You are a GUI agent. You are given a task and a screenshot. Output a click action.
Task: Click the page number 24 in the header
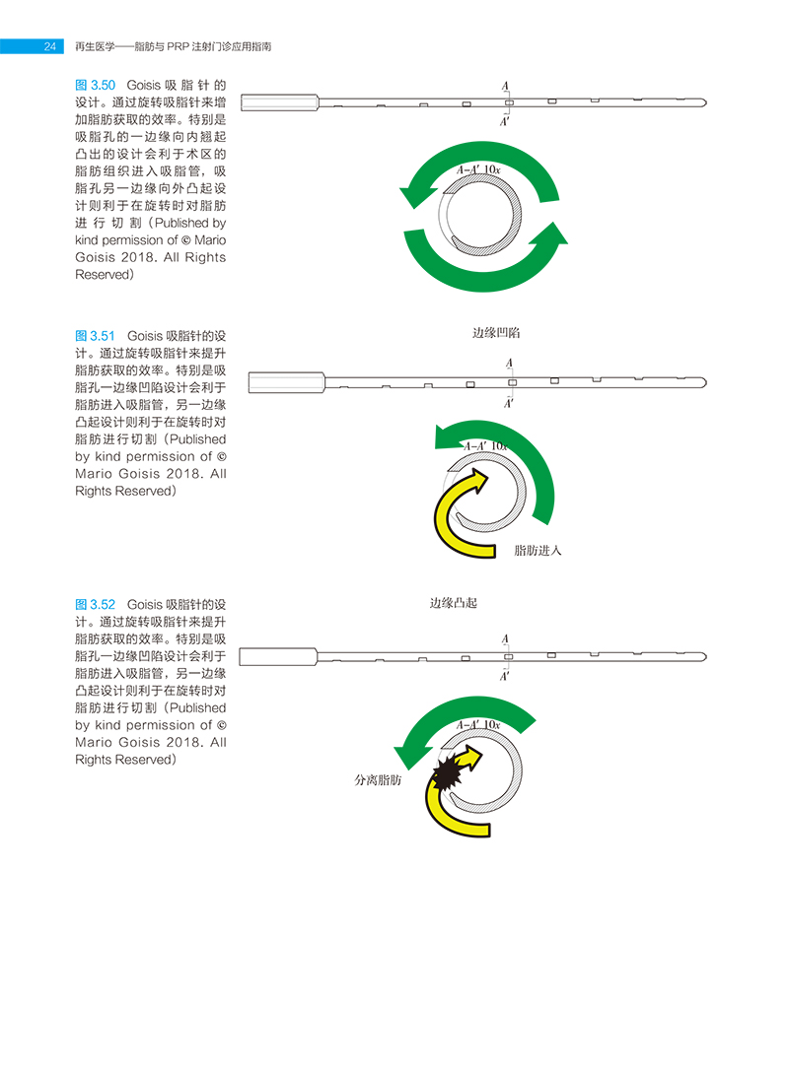point(47,46)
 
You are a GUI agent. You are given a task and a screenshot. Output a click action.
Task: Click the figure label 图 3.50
point(96,86)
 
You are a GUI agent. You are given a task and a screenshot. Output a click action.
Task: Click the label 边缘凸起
point(453,602)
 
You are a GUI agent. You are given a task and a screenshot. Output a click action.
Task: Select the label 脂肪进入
point(538,550)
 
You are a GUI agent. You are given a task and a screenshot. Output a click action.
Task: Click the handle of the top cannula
point(279,101)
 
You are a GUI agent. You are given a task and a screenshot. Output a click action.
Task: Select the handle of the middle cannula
point(286,381)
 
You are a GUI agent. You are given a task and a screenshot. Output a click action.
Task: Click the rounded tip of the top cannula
point(703,101)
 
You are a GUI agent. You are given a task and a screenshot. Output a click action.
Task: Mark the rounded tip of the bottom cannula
point(703,655)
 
